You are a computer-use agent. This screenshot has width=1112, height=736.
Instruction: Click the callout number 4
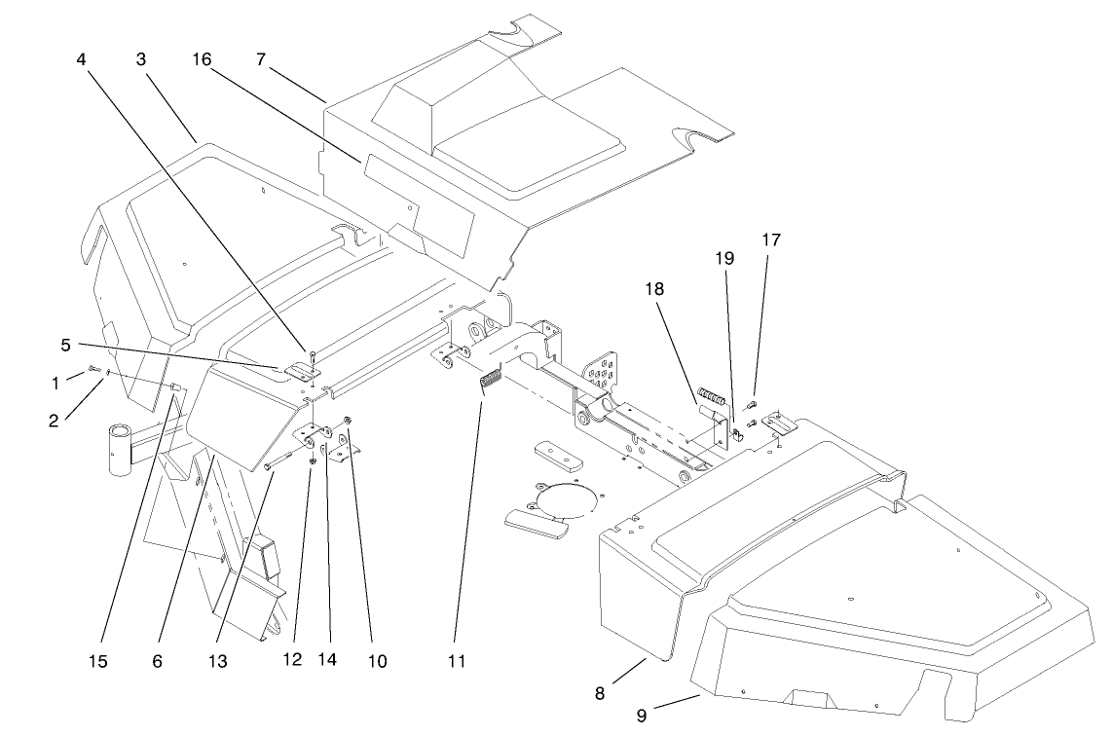tap(83, 57)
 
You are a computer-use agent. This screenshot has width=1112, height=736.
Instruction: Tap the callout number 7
tap(261, 57)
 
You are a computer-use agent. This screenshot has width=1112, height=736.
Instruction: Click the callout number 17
tap(771, 239)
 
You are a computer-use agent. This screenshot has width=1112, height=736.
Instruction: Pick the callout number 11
tap(456, 662)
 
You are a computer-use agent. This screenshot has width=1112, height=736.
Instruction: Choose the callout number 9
tap(641, 716)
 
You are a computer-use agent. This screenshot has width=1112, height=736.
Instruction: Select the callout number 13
tap(217, 662)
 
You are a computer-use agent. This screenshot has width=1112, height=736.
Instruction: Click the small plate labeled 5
tap(301, 371)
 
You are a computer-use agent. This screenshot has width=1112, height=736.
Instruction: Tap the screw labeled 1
tap(93, 369)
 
